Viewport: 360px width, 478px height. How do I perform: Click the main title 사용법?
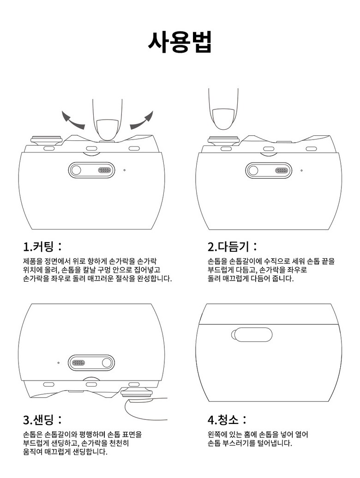[x=180, y=42]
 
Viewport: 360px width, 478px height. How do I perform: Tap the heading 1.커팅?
[x=42, y=246]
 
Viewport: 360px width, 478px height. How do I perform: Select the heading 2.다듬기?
[x=233, y=246]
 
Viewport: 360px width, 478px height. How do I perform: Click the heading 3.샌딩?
[x=42, y=420]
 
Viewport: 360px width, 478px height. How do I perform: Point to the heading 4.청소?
[x=227, y=420]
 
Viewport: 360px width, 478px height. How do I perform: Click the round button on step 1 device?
[x=76, y=170]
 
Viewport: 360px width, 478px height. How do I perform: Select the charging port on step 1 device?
[x=104, y=170]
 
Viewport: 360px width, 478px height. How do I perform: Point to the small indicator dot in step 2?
[x=301, y=170]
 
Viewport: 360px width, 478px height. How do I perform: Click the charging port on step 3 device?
[x=78, y=363]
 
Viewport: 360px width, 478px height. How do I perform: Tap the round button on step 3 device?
[x=107, y=363]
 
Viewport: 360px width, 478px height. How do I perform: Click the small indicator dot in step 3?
[x=58, y=363]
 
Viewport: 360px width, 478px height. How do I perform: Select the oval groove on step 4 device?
[x=252, y=335]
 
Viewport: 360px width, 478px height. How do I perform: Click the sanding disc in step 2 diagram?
[x=223, y=140]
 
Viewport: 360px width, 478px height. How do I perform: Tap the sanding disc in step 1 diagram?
[x=46, y=140]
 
